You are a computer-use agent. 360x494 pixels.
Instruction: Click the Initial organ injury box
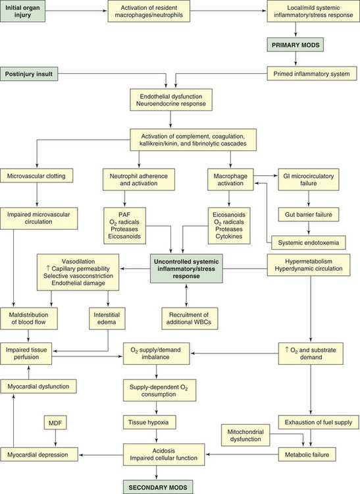click(x=22, y=11)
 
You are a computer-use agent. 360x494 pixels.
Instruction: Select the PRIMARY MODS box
click(x=296, y=45)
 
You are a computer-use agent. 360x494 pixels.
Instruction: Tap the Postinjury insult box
click(x=29, y=74)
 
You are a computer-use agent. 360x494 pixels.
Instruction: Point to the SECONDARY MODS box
click(x=158, y=487)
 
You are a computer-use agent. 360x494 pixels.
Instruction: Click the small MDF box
click(x=55, y=423)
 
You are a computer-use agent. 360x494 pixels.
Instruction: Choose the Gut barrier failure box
click(x=309, y=215)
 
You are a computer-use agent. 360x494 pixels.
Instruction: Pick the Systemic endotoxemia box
click(x=309, y=242)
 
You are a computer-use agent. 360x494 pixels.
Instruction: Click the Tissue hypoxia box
click(x=149, y=422)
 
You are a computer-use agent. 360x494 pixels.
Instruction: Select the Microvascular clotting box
click(x=36, y=176)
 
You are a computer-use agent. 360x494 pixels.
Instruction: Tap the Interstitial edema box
click(x=107, y=319)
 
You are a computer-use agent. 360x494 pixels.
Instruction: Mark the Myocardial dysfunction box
click(x=38, y=386)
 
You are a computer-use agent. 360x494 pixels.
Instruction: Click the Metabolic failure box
click(x=307, y=454)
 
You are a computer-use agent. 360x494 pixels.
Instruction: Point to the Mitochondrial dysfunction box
click(x=245, y=435)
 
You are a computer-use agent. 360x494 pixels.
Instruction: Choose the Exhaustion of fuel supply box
click(x=319, y=422)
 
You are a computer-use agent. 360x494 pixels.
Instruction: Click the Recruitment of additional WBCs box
click(x=190, y=319)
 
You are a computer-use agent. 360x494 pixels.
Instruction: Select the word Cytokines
click(x=229, y=236)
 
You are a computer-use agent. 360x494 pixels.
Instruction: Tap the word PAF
click(x=124, y=215)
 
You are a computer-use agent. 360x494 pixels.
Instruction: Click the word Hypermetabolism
click(x=309, y=261)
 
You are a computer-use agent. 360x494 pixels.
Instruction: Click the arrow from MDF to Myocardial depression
click(x=56, y=438)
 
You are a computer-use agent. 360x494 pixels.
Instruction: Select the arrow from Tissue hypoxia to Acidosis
click(x=157, y=436)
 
